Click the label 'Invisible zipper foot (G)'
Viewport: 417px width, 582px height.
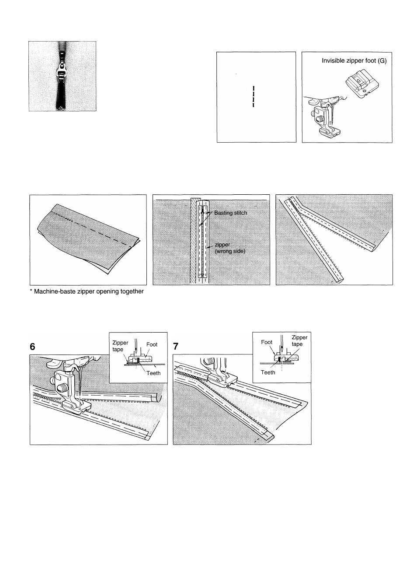click(x=354, y=61)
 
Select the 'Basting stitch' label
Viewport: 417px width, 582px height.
click(x=230, y=213)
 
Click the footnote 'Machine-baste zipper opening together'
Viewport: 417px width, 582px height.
click(x=87, y=291)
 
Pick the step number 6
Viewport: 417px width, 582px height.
click(x=32, y=346)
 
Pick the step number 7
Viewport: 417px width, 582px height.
click(x=176, y=346)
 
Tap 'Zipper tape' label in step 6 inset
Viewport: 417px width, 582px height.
click(x=120, y=346)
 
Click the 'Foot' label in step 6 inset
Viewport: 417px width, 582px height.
click(x=152, y=344)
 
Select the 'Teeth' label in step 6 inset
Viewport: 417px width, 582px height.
click(x=153, y=373)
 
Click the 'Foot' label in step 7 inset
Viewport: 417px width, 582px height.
click(x=267, y=342)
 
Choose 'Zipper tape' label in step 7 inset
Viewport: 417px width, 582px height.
click(x=299, y=340)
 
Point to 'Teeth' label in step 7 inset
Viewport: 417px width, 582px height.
click(x=268, y=372)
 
